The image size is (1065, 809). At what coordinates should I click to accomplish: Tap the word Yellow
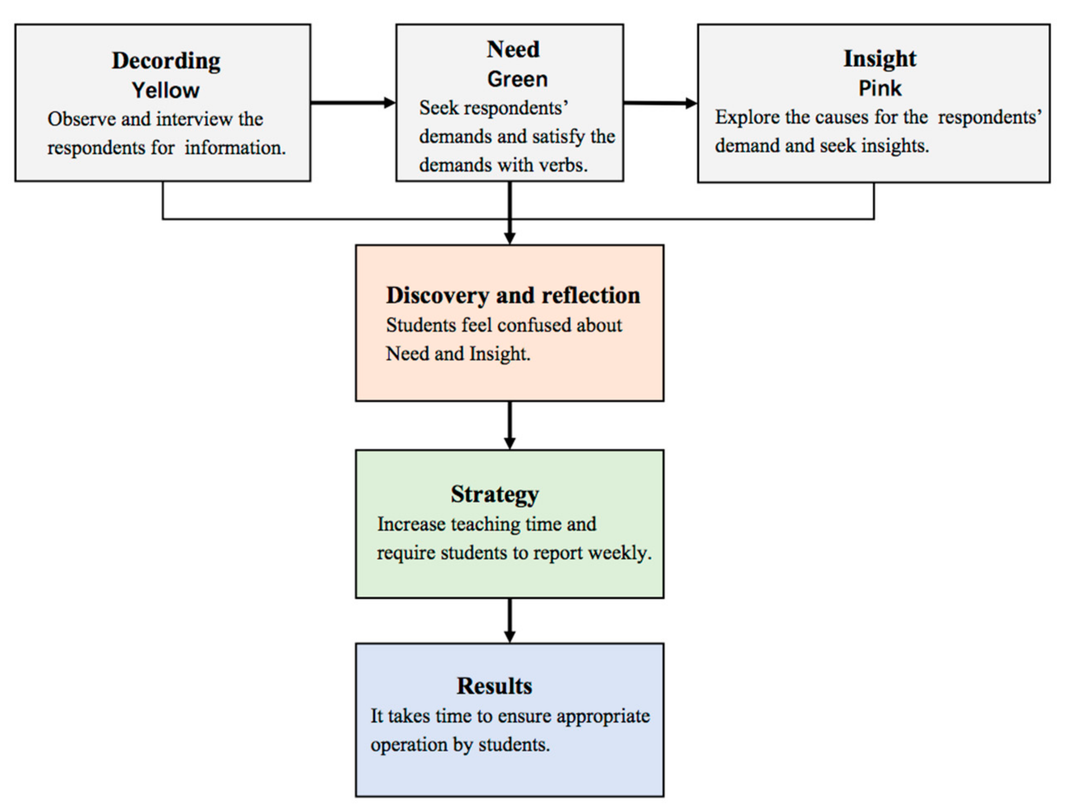166,91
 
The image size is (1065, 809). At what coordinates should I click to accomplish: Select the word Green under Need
517,79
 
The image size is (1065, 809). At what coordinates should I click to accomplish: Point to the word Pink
880,89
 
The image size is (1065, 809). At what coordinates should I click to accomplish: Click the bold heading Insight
880,59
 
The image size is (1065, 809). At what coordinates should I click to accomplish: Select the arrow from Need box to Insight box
660,103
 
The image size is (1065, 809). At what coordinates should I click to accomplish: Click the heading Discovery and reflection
513,296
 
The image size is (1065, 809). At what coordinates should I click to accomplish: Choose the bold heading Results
494,686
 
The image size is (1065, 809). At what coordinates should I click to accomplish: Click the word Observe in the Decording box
82,119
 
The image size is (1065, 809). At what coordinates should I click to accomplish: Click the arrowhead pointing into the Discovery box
509,238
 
